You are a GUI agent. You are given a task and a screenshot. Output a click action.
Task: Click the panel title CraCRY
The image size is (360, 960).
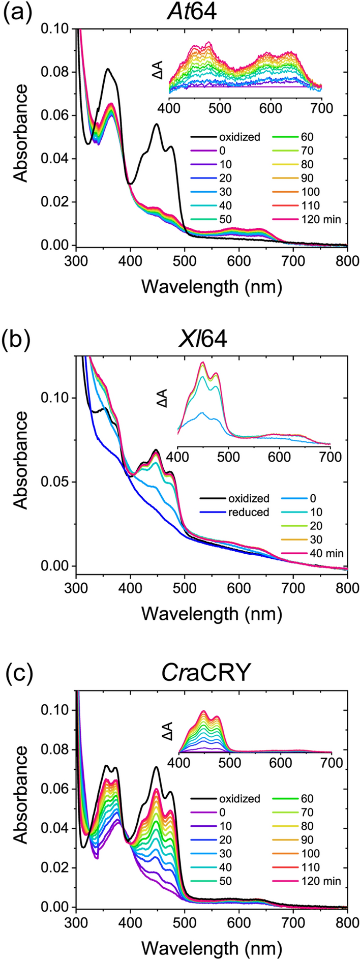[x=211, y=673]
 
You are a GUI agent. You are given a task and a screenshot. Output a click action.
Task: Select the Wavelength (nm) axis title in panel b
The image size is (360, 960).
[x=211, y=613]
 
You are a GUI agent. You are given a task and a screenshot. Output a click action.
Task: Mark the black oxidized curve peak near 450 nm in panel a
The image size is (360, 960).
[x=157, y=124]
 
